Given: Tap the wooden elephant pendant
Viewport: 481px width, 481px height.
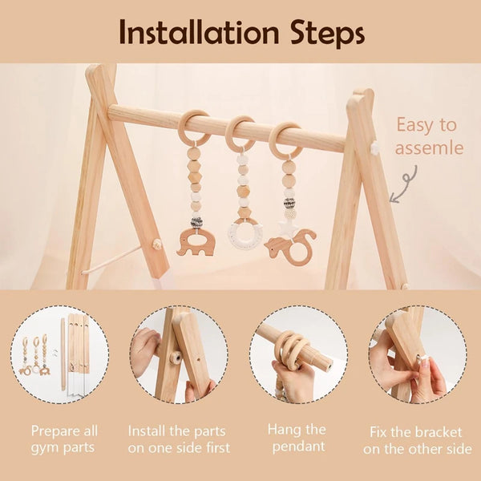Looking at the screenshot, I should [x=195, y=242].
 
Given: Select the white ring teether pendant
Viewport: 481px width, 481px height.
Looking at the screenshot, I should [x=245, y=234].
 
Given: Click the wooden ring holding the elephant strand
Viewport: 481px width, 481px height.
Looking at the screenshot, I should [x=194, y=128].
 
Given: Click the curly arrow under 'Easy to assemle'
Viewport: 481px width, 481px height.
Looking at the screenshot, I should [x=406, y=183].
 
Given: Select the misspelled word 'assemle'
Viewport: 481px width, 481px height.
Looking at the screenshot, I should [x=429, y=148].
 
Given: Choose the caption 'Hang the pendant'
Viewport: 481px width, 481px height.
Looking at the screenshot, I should [x=297, y=439].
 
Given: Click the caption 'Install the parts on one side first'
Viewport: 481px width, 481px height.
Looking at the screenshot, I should [x=178, y=439].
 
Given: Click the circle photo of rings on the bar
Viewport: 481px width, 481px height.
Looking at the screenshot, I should [x=297, y=354].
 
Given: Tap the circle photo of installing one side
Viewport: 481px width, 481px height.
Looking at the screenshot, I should [x=178, y=354].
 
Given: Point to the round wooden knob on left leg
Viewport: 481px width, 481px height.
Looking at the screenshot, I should [x=157, y=243].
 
